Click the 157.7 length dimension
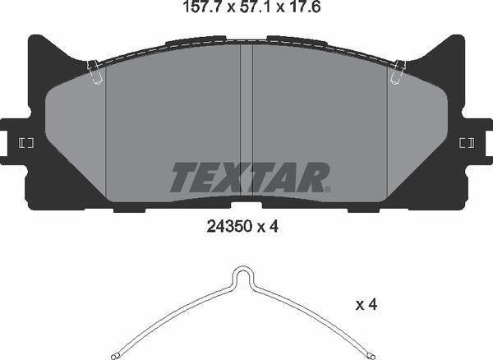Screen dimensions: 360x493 point(197,10)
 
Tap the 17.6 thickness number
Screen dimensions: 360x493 point(293,10)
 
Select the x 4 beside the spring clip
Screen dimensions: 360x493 point(366,305)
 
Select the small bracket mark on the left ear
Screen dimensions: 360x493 point(25,143)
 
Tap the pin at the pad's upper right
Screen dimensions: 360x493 point(398,72)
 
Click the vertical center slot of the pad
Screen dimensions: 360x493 point(246,123)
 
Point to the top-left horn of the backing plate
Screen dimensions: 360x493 point(35,41)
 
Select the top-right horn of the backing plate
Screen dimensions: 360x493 point(457,41)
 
